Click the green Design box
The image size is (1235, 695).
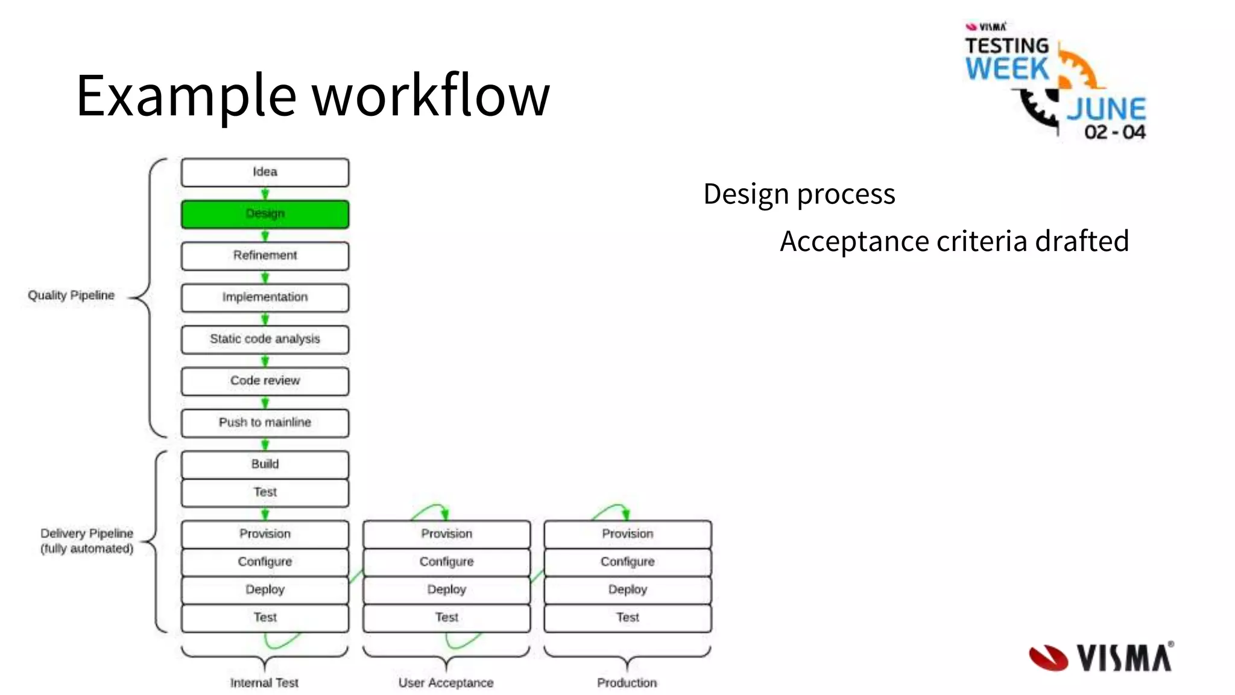click(265, 214)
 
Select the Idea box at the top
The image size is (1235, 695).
click(265, 173)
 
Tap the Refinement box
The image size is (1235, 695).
click(265, 256)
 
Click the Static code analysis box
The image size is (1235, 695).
click(265, 339)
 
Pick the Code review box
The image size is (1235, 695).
click(265, 381)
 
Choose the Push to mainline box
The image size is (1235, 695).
click(265, 422)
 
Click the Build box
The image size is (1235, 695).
click(265, 464)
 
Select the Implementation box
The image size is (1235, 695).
click(265, 297)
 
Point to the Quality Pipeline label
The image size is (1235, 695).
click(71, 296)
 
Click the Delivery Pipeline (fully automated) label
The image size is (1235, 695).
click(87, 541)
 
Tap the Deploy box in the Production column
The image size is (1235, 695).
click(627, 589)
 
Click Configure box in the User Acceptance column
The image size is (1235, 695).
click(446, 562)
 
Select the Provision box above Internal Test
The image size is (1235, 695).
click(265, 534)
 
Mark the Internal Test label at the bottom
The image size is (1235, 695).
click(264, 683)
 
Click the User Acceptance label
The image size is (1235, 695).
click(446, 683)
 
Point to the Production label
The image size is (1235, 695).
click(627, 683)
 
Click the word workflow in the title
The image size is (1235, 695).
click(431, 95)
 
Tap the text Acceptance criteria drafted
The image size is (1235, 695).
click(954, 241)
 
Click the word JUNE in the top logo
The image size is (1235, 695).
click(1106, 110)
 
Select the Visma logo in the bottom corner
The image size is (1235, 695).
click(1101, 657)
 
